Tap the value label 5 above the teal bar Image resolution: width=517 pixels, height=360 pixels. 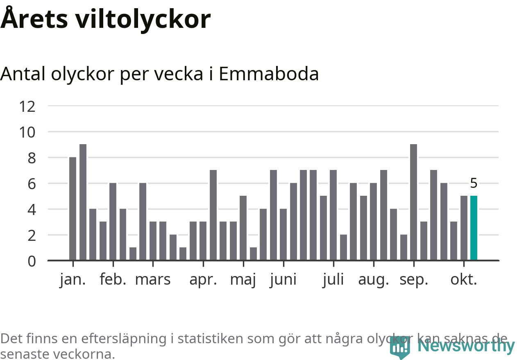click(474, 183)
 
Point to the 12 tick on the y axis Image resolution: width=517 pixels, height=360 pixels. click(27, 106)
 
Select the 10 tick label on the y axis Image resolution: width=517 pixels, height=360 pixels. click(27, 132)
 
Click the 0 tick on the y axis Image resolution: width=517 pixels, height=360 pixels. click(32, 261)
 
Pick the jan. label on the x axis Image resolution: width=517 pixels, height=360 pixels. click(73, 280)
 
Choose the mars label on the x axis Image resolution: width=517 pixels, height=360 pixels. click(153, 280)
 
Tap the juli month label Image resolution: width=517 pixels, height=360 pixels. click(333, 280)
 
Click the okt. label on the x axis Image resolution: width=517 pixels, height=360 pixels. click(464, 280)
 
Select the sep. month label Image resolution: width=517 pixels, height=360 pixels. click(414, 280)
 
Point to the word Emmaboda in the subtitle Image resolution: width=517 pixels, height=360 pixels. click(269, 74)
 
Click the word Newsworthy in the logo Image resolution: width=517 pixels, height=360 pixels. click(466, 346)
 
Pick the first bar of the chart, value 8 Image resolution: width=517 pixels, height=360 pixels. click(73, 208)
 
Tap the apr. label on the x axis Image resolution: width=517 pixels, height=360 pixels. click(203, 280)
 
